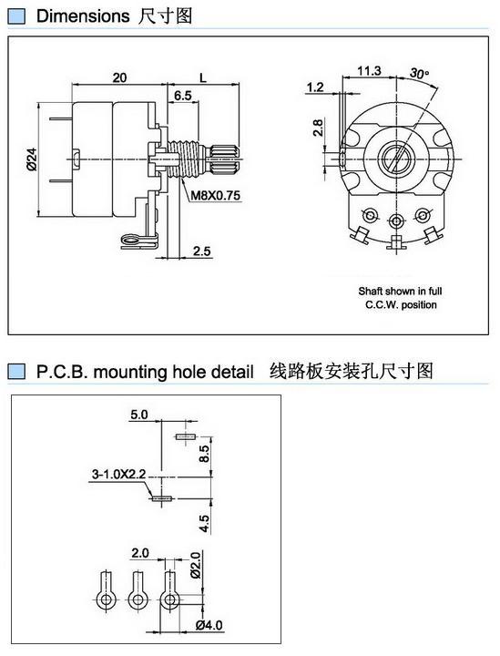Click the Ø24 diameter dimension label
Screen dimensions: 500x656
32,159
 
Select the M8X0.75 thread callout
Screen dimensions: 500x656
215,195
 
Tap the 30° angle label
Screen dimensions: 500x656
419,73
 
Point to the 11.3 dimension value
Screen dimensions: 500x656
369,71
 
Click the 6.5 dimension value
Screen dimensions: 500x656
183,96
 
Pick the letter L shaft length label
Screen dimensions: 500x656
203,77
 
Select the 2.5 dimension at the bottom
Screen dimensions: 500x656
202,251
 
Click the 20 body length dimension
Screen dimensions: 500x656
119,77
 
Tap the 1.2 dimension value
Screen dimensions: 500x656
315,87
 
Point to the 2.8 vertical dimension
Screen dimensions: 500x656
318,128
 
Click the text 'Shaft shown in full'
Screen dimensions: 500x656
400,291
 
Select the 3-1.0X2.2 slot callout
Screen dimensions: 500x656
118,474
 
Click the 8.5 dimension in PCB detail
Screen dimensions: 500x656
204,454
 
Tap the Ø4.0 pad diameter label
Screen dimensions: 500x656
209,625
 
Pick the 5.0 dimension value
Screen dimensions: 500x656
139,415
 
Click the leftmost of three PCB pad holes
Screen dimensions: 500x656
107,600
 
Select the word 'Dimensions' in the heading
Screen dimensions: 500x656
83,16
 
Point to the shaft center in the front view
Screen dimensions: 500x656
396,159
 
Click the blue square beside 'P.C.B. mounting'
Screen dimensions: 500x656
16,372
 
